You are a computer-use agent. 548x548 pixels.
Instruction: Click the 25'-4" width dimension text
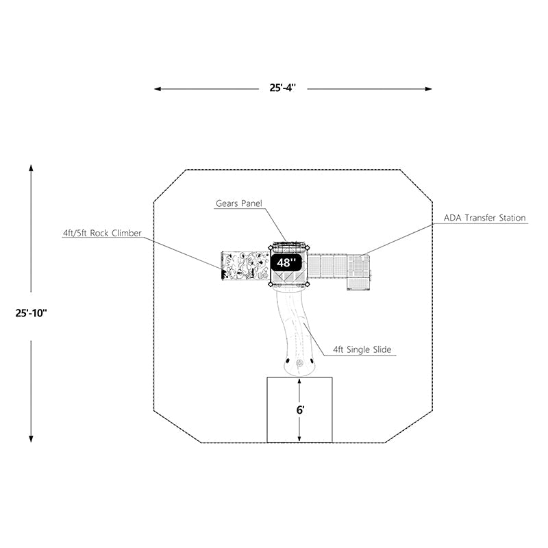[282, 88]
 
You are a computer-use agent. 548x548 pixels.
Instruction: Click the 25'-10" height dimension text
[31, 312]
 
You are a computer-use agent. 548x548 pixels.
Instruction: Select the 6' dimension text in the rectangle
[299, 410]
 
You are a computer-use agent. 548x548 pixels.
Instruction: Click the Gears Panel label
[239, 203]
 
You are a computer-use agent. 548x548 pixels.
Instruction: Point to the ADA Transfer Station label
[485, 218]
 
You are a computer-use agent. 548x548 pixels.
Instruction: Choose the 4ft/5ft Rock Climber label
[102, 233]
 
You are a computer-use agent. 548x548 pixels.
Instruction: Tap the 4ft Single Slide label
[362, 349]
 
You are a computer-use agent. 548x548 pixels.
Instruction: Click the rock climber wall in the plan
[243, 266]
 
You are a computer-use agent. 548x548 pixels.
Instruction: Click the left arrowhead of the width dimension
[157, 89]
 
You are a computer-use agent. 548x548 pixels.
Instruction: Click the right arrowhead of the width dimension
[429, 89]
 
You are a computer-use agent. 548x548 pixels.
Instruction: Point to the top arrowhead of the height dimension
[31, 166]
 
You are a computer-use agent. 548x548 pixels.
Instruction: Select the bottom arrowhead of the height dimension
[31, 439]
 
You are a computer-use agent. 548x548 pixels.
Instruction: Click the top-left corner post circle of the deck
[269, 247]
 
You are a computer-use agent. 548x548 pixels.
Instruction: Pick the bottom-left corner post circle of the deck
[269, 284]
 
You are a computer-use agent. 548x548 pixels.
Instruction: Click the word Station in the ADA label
[510, 218]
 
